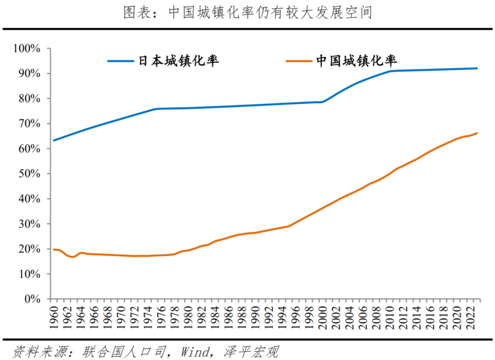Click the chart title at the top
[247, 12]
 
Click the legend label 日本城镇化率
[178, 61]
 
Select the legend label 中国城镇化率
[356, 61]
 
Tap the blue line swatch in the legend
[121, 61]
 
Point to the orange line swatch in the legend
[299, 61]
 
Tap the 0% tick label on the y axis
[32, 299]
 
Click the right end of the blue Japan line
[477, 69]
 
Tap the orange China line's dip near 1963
[72, 256]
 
